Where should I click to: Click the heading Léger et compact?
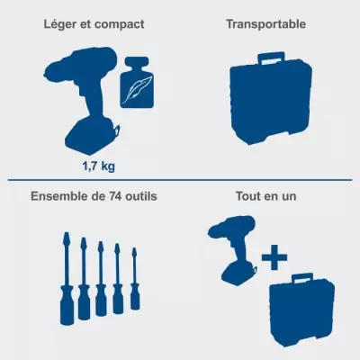pyautogui.click(x=94, y=24)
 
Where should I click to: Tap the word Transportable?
pyautogui.click(x=266, y=24)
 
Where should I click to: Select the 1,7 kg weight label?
pyautogui.click(x=99, y=166)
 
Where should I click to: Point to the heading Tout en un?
pyautogui.click(x=265, y=196)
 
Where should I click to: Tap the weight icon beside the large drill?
pyautogui.click(x=137, y=82)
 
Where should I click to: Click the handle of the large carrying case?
pyautogui.click(x=272, y=58)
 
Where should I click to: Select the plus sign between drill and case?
pyautogui.click(x=274, y=257)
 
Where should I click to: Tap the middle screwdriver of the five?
pyautogui.click(x=101, y=279)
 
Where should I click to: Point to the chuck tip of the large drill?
pyautogui.click(x=46, y=73)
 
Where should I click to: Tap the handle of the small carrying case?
pyautogui.click(x=302, y=278)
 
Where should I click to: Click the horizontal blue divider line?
pyautogui.click(x=180, y=180)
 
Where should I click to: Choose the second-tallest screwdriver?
pyautogui.click(x=84, y=279)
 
